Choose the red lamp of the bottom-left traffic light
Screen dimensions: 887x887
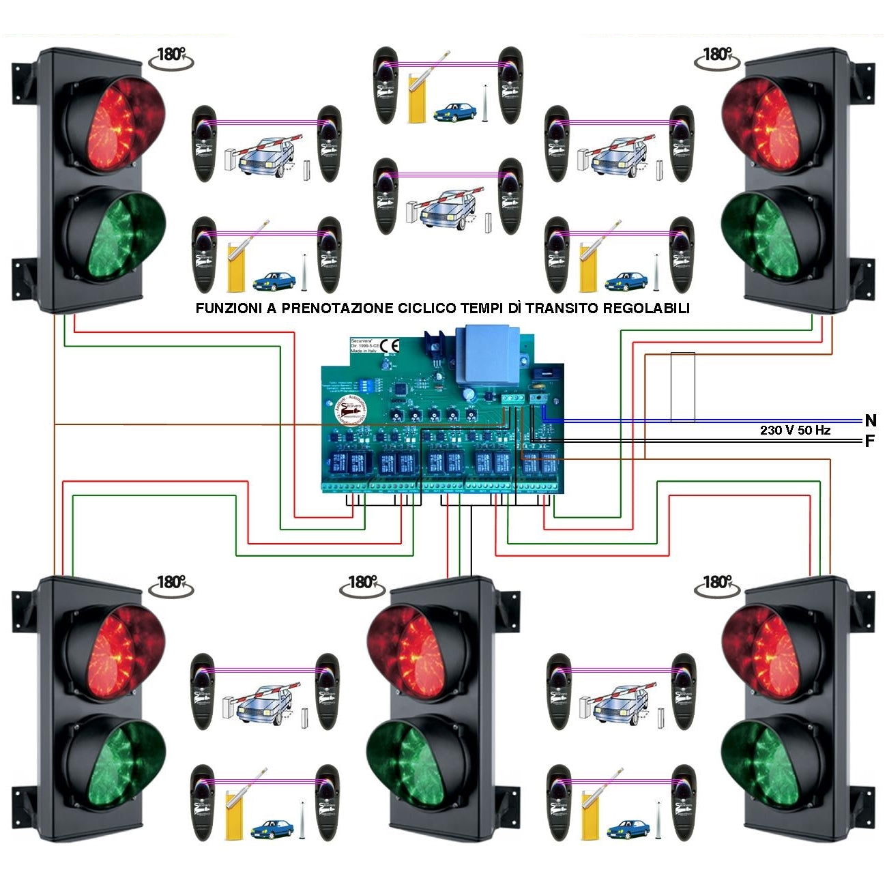pyautogui.click(x=116, y=651)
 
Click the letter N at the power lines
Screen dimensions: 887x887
pyautogui.click(x=870, y=420)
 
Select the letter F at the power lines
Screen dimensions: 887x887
pyautogui.click(x=870, y=441)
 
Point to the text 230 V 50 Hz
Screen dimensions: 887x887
pyautogui.click(x=795, y=431)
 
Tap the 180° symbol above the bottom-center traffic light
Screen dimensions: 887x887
pyautogui.click(x=362, y=584)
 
